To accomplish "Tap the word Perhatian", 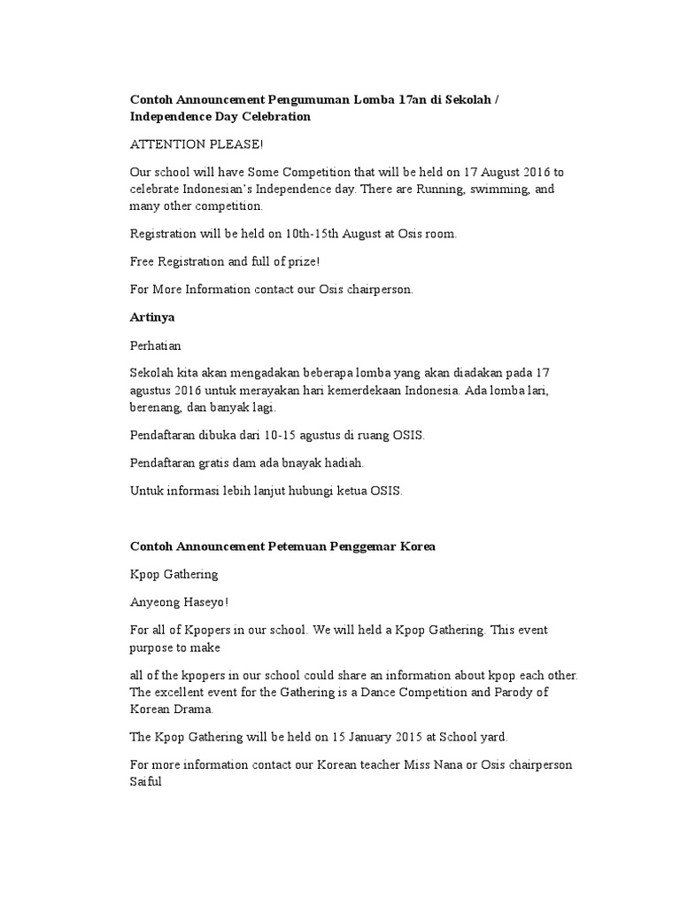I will coord(155,345).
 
